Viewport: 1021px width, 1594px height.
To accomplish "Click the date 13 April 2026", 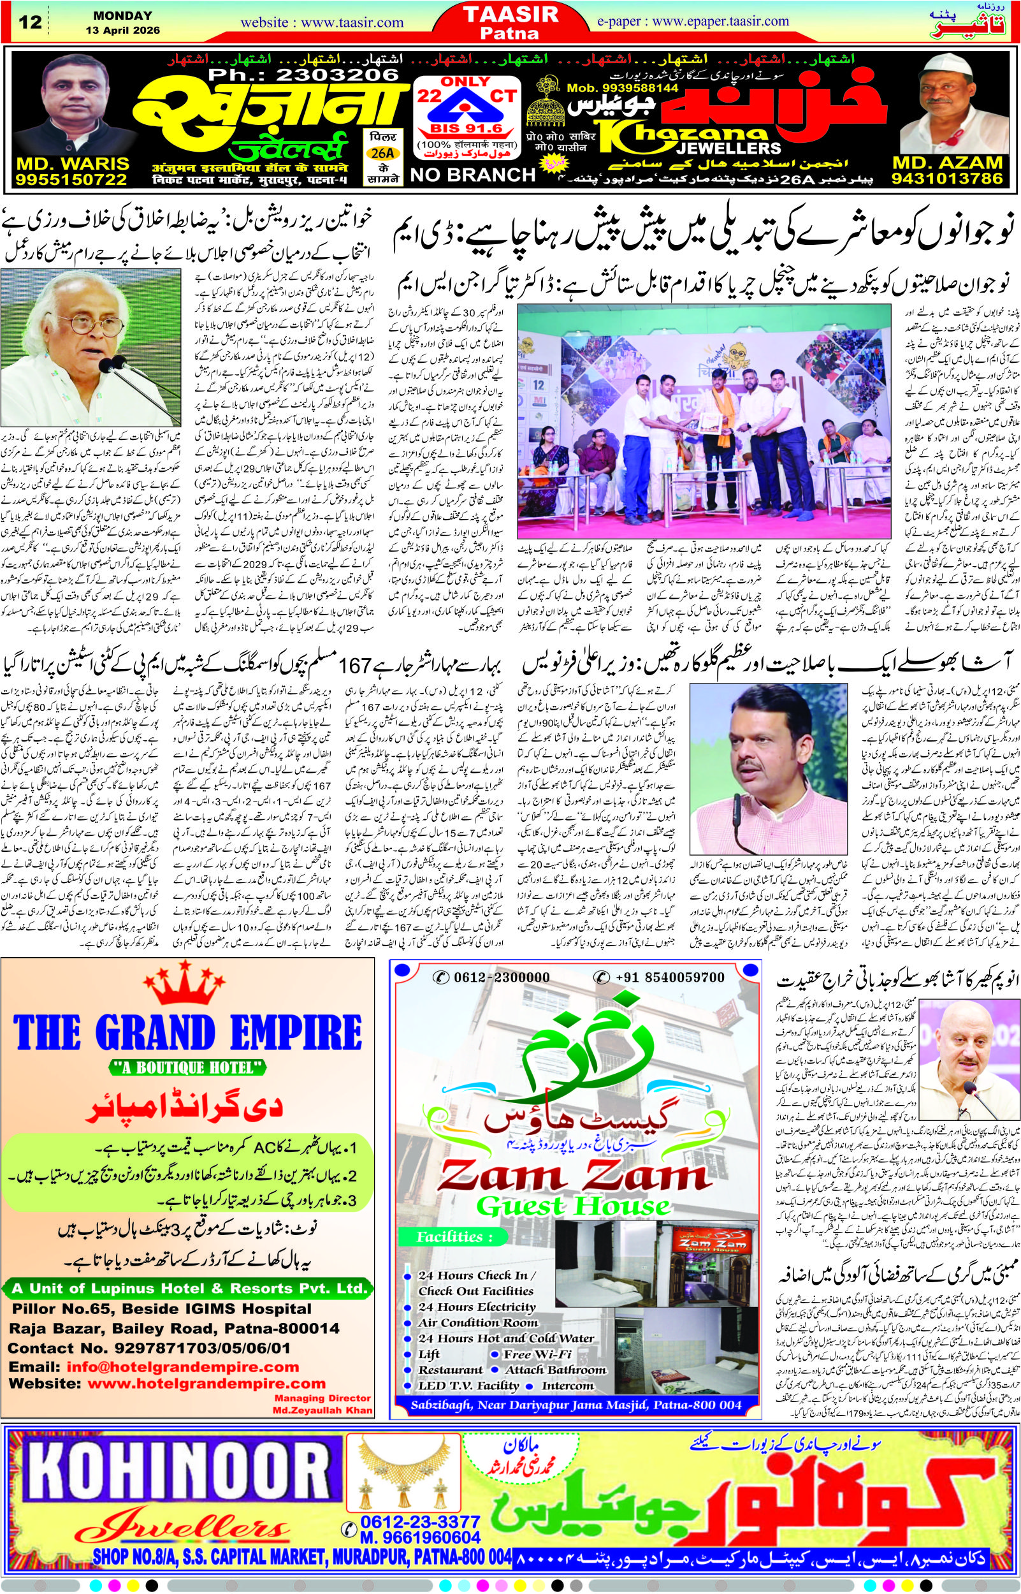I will tap(122, 31).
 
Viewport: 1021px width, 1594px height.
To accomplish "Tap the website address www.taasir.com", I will tap(322, 23).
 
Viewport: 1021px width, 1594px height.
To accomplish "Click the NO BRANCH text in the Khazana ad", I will tap(473, 175).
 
